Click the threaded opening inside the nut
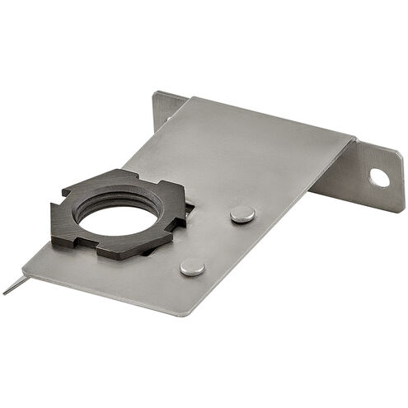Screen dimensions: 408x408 pyautogui.click(x=115, y=216)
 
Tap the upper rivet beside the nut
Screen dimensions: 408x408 pyautogui.click(x=242, y=213)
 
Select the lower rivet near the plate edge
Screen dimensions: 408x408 pyautogui.click(x=192, y=265)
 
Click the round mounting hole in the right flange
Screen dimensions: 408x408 pyautogui.click(x=379, y=176)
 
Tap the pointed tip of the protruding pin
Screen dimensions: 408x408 pyautogui.click(x=4, y=293)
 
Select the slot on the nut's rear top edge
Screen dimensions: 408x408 pyautogui.click(x=132, y=174)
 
